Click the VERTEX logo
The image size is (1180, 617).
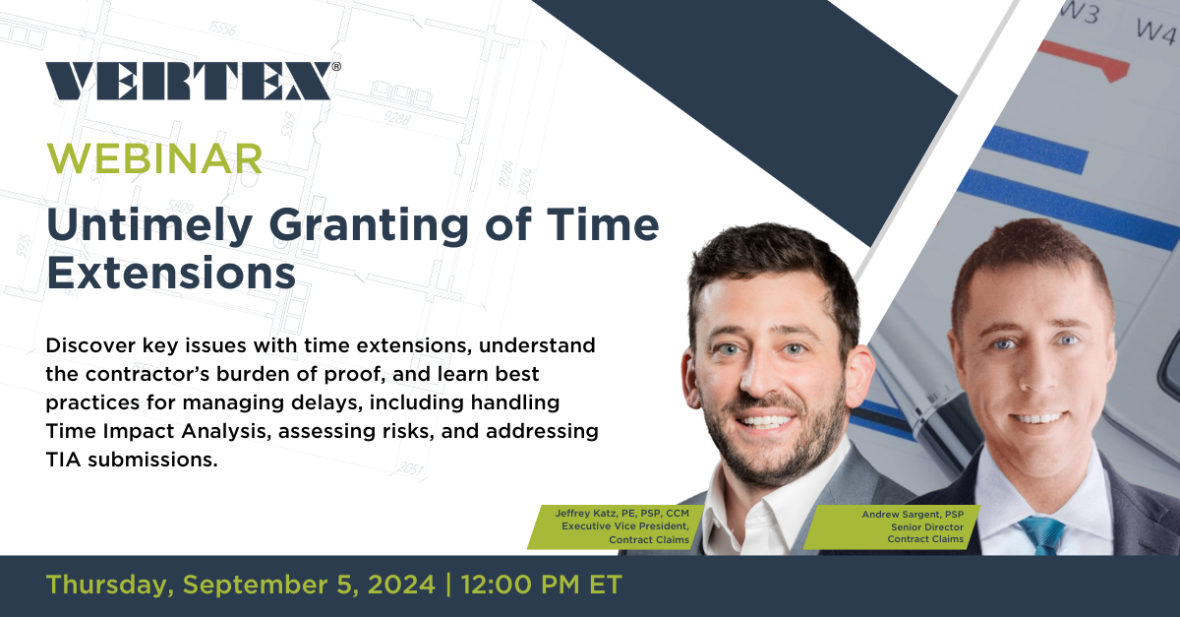pos(188,81)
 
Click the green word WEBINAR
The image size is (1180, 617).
pos(154,158)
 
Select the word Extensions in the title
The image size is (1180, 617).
pos(171,273)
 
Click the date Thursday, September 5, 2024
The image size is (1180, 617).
pos(240,584)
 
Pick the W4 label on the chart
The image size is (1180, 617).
pos(1156,29)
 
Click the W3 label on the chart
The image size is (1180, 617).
pos(1078,14)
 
